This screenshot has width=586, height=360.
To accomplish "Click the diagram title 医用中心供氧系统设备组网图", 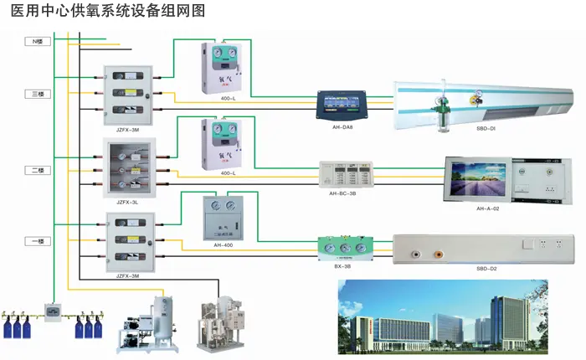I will point(106,11).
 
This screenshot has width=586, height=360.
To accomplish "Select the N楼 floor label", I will point(37,41).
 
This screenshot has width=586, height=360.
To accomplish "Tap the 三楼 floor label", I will point(37,95).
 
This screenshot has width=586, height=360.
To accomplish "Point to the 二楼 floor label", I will point(37,170).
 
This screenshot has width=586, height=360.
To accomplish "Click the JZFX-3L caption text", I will point(127,202).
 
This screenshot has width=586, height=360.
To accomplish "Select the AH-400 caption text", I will point(223,244).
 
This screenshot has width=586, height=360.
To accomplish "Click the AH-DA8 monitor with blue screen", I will point(344,105).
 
